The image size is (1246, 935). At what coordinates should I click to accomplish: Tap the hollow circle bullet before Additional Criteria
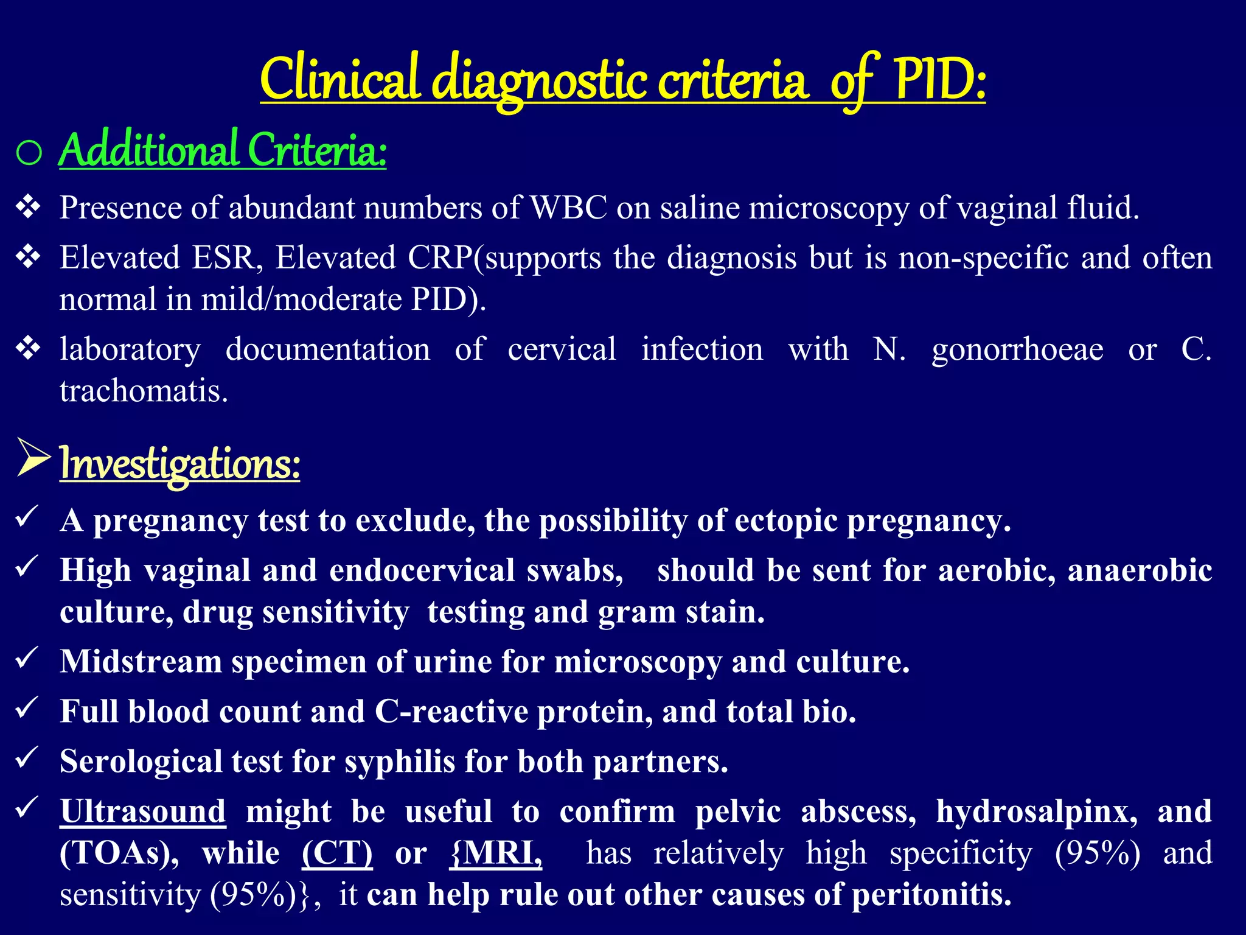[29, 153]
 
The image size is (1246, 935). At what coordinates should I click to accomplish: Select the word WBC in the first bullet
[569, 208]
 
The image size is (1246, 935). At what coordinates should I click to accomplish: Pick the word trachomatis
[144, 391]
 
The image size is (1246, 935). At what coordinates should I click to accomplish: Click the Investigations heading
[179, 464]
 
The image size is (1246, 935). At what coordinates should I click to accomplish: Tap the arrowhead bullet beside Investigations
[33, 458]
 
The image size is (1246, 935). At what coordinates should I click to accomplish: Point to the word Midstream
[141, 662]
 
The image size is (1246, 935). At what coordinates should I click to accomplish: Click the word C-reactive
[451, 712]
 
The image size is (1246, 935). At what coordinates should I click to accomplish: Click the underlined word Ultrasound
[143, 812]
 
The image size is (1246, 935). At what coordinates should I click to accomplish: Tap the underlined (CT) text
[337, 853]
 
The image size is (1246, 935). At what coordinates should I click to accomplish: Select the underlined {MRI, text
[495, 853]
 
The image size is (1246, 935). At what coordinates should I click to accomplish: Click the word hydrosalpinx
[1037, 812]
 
